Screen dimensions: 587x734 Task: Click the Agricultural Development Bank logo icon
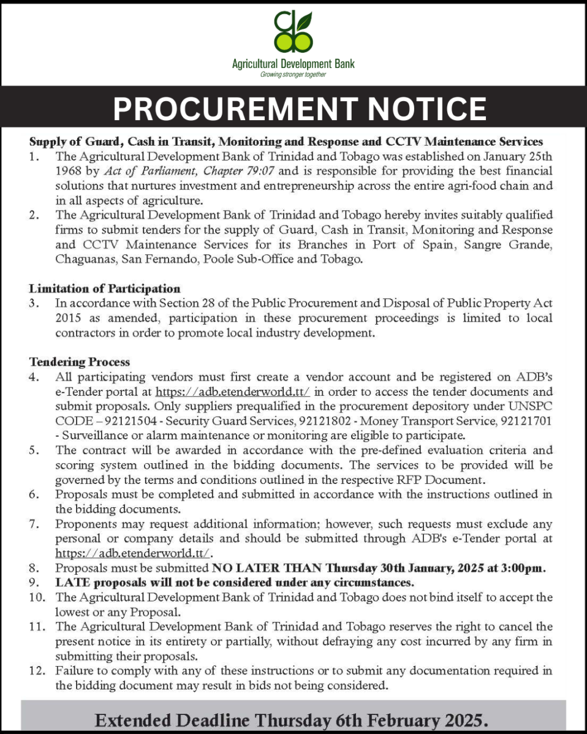pyautogui.click(x=293, y=32)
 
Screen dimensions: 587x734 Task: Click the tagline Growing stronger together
pyautogui.click(x=293, y=75)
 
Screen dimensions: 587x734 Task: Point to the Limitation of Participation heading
pyautogui.click(x=104, y=288)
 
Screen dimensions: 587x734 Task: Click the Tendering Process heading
pyautogui.click(x=79, y=363)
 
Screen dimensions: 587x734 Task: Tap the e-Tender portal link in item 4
pyautogui.click(x=233, y=392)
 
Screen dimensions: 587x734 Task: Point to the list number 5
pyautogui.click(x=34, y=450)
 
